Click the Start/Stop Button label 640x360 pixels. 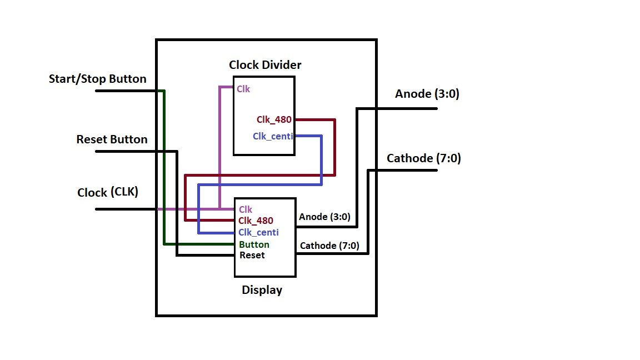(x=98, y=79)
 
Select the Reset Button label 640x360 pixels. (x=112, y=139)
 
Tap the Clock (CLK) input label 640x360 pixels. (x=108, y=193)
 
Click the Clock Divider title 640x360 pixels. (x=265, y=65)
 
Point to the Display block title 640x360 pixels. (x=262, y=290)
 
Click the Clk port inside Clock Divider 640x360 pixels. (x=243, y=88)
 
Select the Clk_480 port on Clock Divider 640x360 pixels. (x=274, y=119)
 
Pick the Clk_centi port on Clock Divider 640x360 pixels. (x=273, y=136)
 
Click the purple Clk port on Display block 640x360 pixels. (x=246, y=209)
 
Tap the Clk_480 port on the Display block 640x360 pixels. (x=256, y=221)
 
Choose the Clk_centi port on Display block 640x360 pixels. (x=258, y=232)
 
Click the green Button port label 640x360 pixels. (x=254, y=244)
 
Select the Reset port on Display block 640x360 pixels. (x=252, y=256)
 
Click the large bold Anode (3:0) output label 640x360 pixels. (x=427, y=94)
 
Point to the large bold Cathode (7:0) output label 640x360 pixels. (x=423, y=158)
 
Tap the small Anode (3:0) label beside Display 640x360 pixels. (x=324, y=217)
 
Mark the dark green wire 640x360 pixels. (x=164, y=167)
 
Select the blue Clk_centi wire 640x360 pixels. (x=322, y=161)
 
